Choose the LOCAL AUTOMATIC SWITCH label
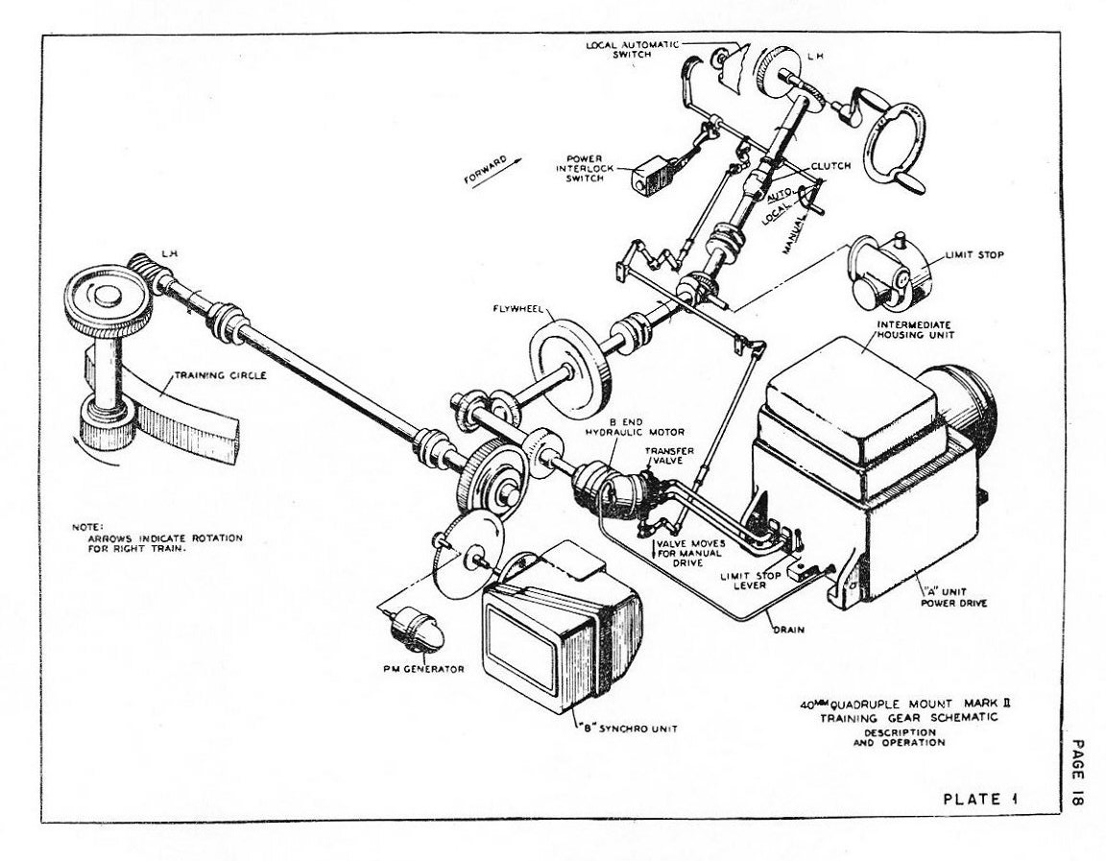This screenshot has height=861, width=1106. [x=633, y=50]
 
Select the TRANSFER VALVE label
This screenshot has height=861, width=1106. [x=663, y=455]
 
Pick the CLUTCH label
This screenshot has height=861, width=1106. [x=830, y=166]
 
